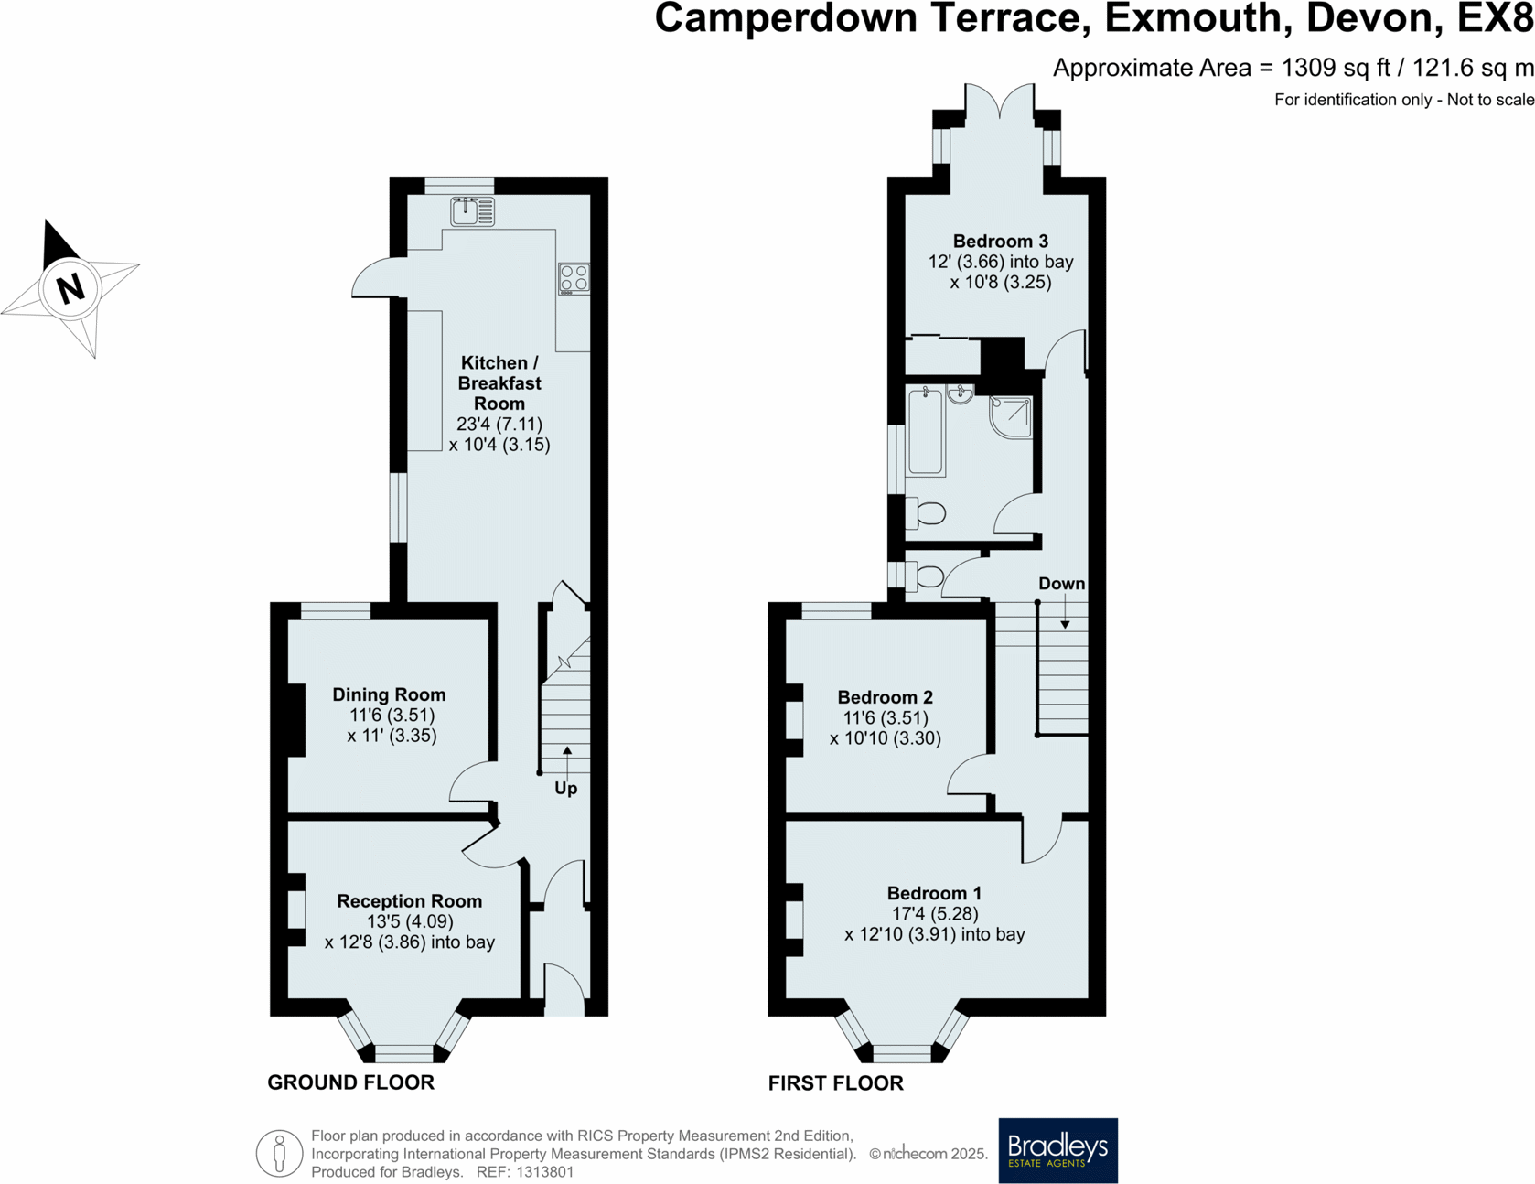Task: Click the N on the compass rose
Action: [x=70, y=288]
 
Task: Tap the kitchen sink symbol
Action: [x=472, y=211]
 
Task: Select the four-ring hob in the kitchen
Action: [x=574, y=278]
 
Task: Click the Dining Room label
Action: [x=389, y=694]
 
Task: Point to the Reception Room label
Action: [x=409, y=901]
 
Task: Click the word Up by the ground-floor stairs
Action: [x=565, y=788]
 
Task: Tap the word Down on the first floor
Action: [x=1061, y=584]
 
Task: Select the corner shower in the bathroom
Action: [x=1012, y=416]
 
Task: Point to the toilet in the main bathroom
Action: [x=926, y=514]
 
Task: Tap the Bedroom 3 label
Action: [x=1000, y=242]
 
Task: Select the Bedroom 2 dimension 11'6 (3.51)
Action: [x=885, y=718]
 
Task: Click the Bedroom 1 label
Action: [x=933, y=893]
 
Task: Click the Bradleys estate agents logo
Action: [x=1057, y=1150]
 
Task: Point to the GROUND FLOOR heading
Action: [x=350, y=1082]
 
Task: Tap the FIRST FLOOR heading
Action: [x=835, y=1083]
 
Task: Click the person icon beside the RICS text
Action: [x=279, y=1153]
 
